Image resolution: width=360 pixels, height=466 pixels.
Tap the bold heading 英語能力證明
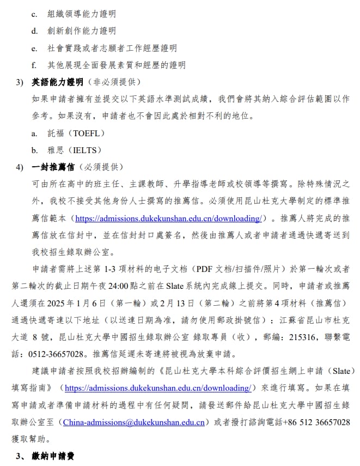coord(57,82)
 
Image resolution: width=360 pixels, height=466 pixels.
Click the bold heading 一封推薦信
coord(53,167)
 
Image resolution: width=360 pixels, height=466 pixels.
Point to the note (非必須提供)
coord(113,82)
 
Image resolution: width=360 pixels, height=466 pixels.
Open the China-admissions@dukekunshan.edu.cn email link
coord(133,422)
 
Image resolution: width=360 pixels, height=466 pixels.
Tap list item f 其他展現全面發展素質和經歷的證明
coord(116,65)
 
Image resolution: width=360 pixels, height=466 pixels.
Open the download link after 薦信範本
coord(168,219)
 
